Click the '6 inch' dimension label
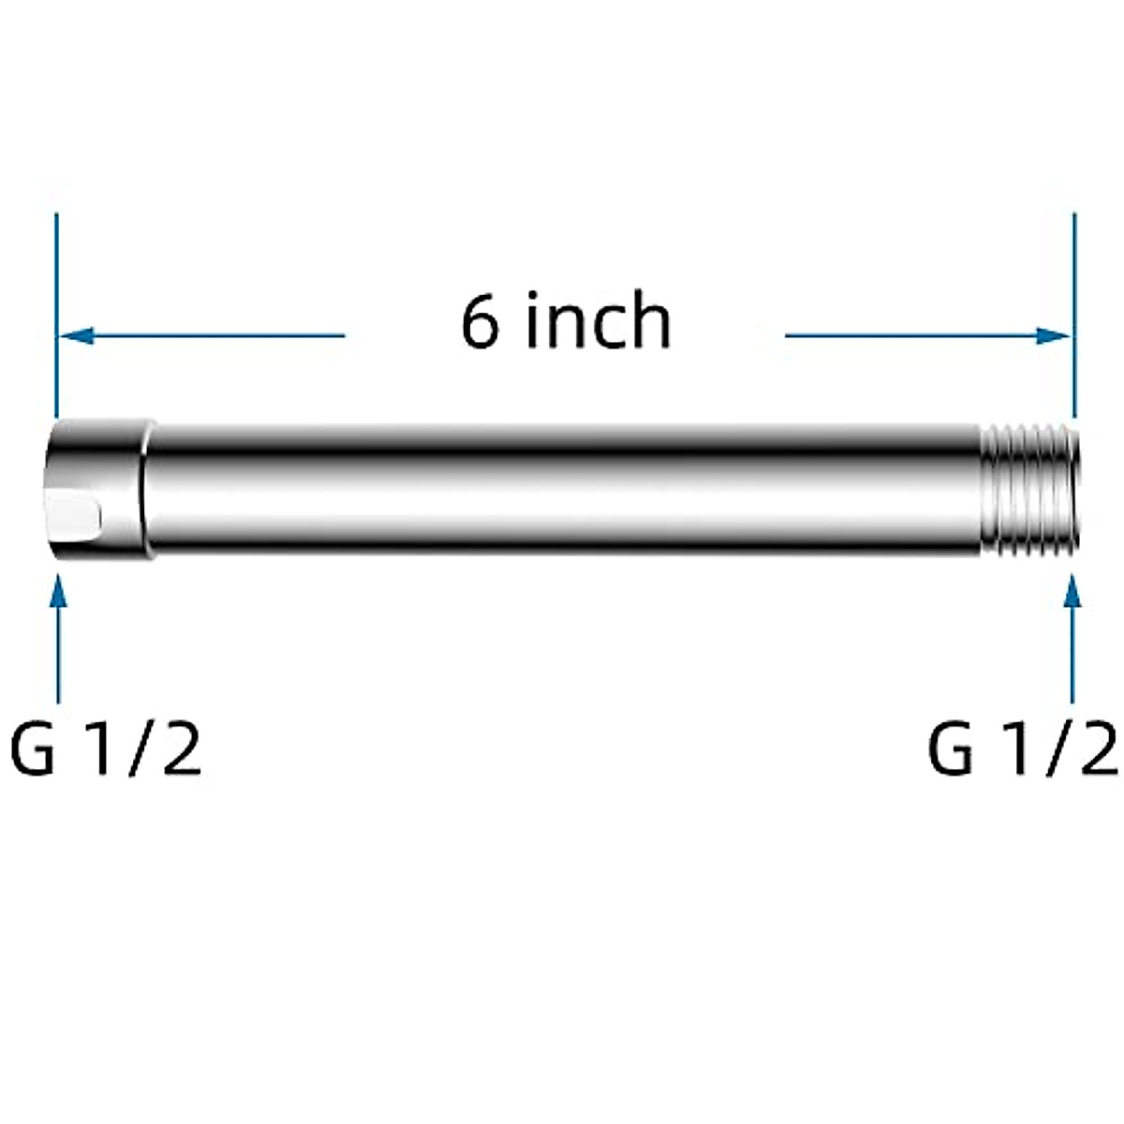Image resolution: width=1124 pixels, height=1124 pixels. click(566, 321)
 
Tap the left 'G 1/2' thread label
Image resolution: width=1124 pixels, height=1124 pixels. click(106, 749)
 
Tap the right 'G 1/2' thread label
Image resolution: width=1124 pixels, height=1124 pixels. click(1023, 749)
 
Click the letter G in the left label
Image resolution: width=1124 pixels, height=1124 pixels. click(34, 749)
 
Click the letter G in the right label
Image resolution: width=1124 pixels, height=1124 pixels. click(952, 749)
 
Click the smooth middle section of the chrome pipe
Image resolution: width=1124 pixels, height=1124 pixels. click(562, 490)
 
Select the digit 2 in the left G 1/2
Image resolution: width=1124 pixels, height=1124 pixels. click(180, 749)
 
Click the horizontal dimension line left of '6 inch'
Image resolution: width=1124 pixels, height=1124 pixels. click(215, 335)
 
